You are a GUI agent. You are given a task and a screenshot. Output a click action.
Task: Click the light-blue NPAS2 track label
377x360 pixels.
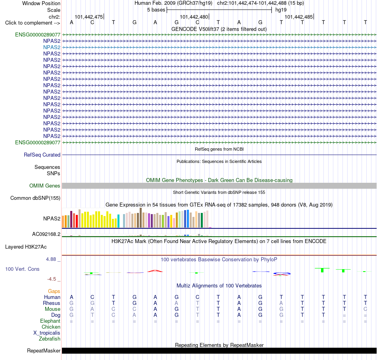pos(52,47)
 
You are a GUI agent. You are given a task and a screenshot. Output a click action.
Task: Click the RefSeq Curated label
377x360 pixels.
pos(42,155)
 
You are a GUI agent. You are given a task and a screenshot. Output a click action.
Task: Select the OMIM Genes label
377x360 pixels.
pos(45,186)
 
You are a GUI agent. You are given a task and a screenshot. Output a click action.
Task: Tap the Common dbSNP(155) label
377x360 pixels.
pos(35,198)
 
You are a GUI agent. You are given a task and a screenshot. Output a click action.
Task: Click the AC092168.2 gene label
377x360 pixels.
pos(46,234)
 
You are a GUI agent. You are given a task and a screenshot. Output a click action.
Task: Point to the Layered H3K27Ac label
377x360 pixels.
pos(26,247)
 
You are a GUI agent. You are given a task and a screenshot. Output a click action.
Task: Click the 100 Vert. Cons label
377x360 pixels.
pos(22,269)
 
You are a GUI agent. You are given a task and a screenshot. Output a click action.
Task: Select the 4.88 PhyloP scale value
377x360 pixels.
pos(51,259)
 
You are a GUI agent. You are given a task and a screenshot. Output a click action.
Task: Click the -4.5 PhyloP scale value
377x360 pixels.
pos(52,279)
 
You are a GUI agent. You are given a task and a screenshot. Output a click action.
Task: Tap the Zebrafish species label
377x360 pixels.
pos(50,339)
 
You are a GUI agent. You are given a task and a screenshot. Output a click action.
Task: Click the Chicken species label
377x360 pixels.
pos(51,327)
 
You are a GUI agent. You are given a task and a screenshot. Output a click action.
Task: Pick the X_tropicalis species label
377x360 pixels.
pos(47,333)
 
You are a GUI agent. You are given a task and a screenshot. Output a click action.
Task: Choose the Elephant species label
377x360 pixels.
pos(50,321)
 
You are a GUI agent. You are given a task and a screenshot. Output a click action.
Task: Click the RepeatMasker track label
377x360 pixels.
pos(44,350)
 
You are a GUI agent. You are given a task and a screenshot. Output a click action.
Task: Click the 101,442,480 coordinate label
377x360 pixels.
pos(194,17)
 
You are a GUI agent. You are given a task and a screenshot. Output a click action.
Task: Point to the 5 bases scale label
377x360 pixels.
pos(156,10)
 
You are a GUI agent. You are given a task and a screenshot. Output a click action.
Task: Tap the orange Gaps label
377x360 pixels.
pos(54,291)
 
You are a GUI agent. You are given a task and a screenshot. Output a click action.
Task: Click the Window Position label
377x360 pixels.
pos(41,3)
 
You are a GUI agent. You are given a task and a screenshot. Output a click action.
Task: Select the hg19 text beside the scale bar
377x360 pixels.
pos(281,10)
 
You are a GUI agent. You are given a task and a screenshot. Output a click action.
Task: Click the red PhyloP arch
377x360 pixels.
pos(155,271)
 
